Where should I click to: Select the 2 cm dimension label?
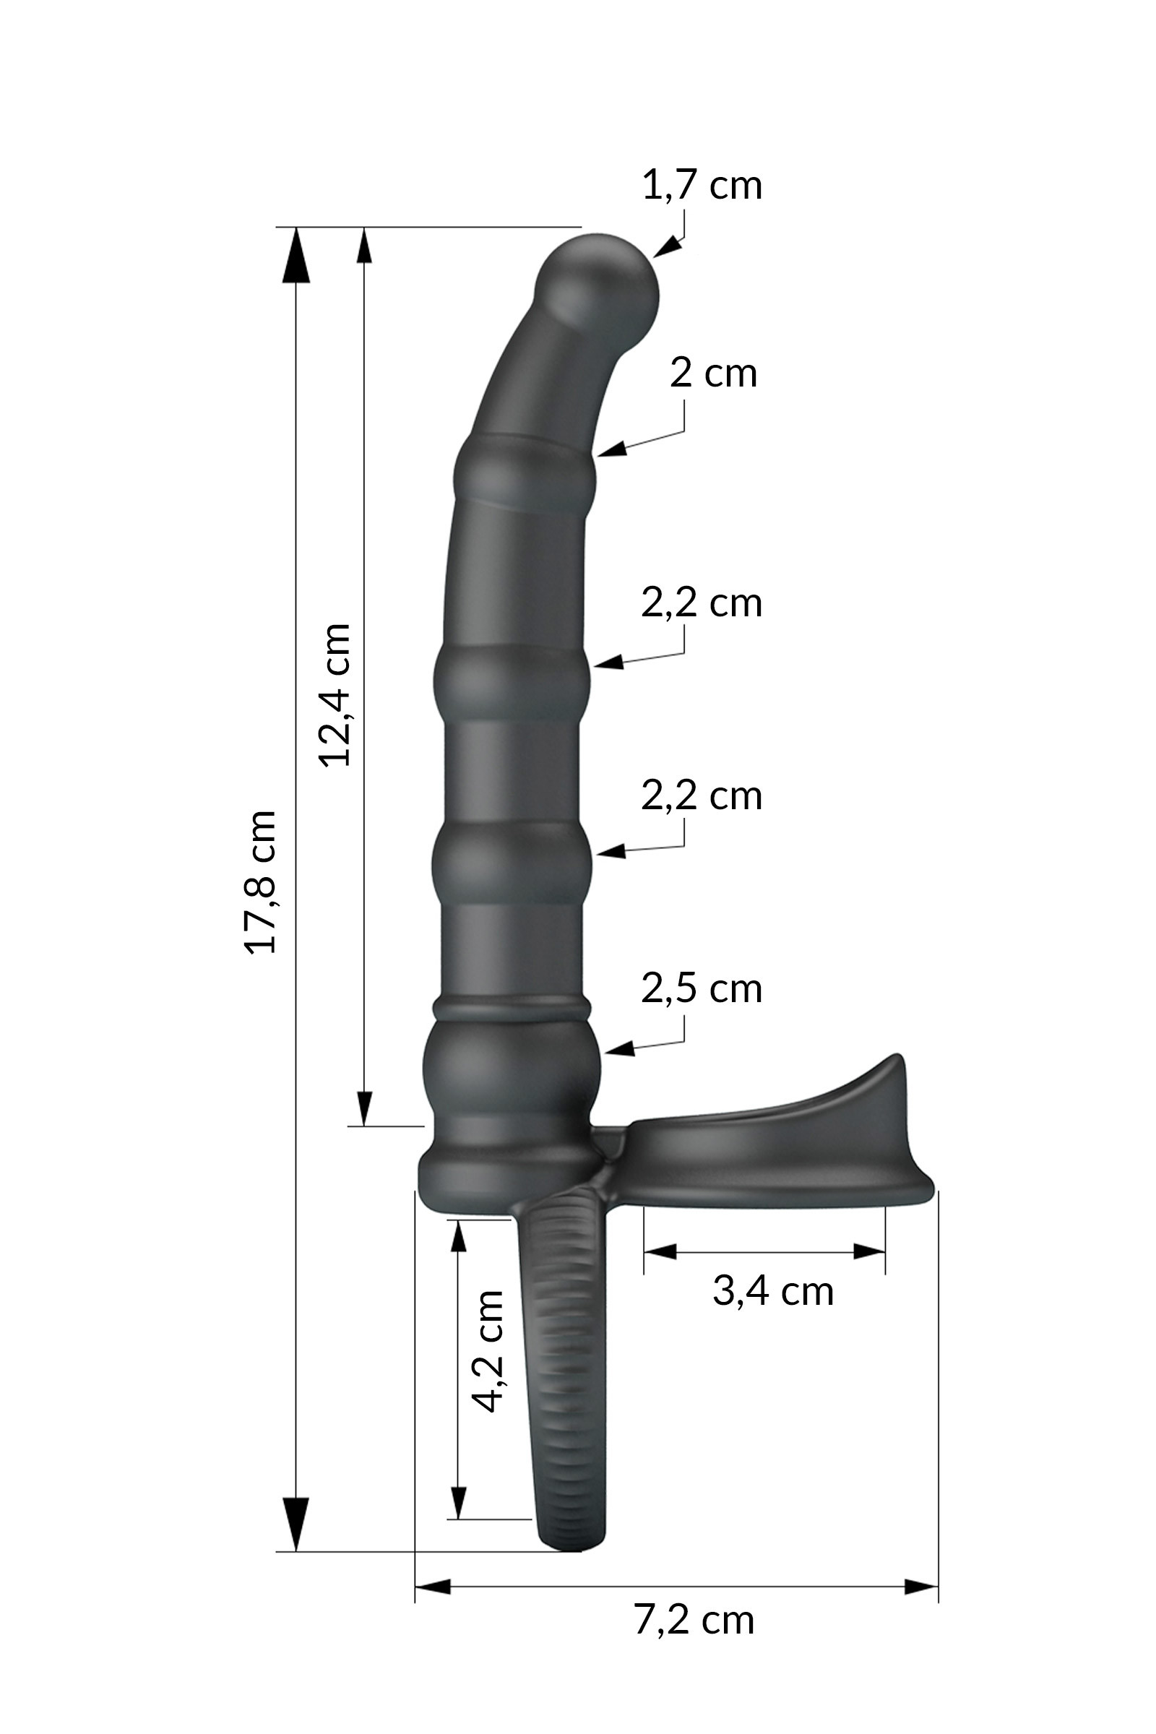click(713, 373)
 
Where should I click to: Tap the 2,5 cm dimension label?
click(701, 989)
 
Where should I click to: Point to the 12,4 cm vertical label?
click(335, 694)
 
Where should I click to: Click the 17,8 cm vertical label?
click(260, 881)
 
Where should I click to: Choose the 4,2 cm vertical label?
click(487, 1351)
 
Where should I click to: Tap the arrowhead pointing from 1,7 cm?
click(664, 247)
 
